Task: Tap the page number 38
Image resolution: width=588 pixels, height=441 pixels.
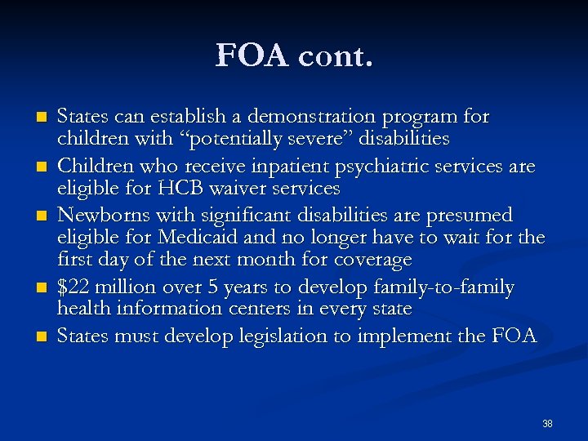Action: (x=547, y=424)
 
